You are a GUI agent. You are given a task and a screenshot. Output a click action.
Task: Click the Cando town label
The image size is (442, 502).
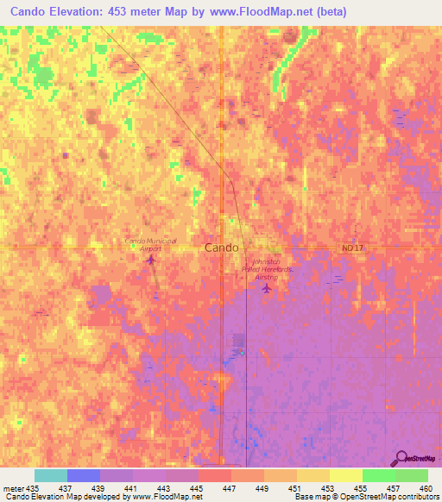click(x=222, y=248)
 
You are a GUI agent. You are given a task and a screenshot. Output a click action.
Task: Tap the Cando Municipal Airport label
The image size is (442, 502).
click(x=151, y=244)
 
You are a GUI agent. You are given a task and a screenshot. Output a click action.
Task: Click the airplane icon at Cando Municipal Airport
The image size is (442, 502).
click(x=152, y=259)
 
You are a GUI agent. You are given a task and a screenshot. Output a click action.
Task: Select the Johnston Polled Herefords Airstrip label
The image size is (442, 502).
click(x=268, y=270)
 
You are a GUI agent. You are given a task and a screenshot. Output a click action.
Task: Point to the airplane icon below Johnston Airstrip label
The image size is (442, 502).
click(x=266, y=289)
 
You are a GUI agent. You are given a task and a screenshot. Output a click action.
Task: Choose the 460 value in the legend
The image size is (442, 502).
click(x=425, y=487)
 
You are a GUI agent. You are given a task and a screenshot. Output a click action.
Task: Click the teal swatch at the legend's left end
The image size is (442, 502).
click(x=51, y=475)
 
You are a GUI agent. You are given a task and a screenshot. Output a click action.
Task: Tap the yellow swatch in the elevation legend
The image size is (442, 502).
click(x=345, y=475)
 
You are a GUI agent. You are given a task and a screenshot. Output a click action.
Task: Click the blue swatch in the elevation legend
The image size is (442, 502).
click(x=84, y=475)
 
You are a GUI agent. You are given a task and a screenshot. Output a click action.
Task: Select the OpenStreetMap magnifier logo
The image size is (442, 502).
click(x=402, y=458)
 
